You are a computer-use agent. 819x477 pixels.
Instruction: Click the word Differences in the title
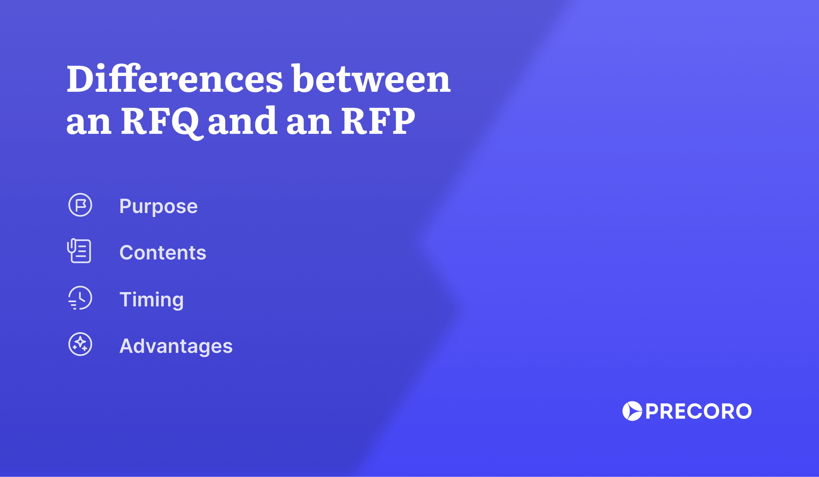(x=175, y=78)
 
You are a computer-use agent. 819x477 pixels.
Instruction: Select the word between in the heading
(x=371, y=78)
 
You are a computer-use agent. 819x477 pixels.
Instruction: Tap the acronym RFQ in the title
(x=160, y=121)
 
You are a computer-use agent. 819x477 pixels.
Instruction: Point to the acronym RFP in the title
(x=379, y=121)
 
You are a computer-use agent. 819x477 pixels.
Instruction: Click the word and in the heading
(x=242, y=121)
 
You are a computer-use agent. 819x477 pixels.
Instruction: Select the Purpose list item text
(x=158, y=206)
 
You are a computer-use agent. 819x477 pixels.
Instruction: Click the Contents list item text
(x=163, y=253)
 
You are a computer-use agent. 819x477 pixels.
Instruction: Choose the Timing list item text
(x=151, y=299)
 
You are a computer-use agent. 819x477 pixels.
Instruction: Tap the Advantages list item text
(x=176, y=346)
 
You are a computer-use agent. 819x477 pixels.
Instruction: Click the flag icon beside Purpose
(x=80, y=205)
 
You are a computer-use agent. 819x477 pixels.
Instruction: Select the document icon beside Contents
(x=79, y=251)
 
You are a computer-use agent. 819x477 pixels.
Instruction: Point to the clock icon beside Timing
(x=80, y=298)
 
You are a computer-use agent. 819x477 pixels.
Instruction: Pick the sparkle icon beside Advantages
(x=80, y=344)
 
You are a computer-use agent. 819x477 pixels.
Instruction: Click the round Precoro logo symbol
(x=632, y=411)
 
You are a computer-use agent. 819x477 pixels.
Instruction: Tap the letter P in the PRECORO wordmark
(x=653, y=411)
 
